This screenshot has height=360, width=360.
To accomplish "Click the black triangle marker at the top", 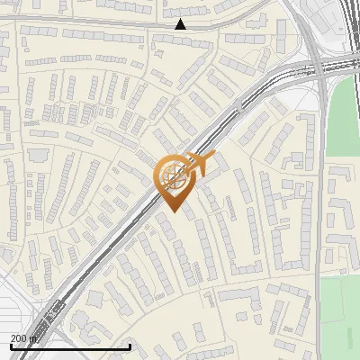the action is [181, 24].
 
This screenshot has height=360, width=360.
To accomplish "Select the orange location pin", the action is [172, 180].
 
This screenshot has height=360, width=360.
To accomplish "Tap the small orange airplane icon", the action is [200, 164].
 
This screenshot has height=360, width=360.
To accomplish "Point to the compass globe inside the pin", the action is [172, 175].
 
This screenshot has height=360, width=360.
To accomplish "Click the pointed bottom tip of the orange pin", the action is [172, 211].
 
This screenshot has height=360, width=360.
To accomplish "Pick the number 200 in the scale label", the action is [19, 338].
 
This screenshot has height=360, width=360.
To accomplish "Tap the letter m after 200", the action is [34, 338].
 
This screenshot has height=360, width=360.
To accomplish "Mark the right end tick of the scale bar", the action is [130, 346].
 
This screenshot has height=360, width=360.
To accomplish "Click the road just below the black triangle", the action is [181, 33].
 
